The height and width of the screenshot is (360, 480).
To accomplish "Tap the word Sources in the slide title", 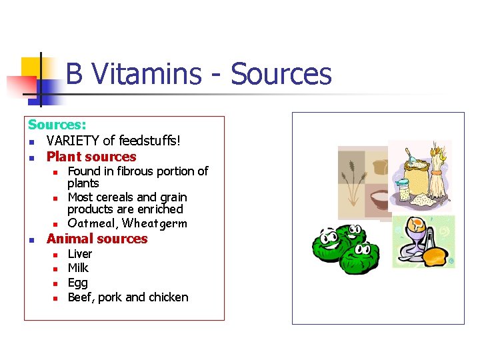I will coord(281,74).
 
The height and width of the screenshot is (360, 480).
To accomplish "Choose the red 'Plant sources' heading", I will coord(91,157).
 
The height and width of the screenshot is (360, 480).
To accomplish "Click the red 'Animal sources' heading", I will coord(97,239).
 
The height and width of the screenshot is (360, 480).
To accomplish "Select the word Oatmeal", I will coord(93,223).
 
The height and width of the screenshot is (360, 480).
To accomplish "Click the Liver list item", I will coord(80,254).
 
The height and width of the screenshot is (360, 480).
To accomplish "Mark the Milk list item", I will coord(78,268).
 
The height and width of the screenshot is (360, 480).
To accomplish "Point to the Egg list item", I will coord(77,283).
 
